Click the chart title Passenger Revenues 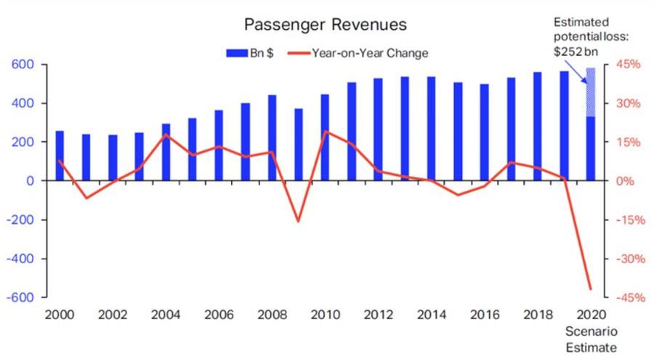pyautogui.click(x=325, y=25)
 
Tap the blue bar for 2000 pyautogui.click(x=60, y=156)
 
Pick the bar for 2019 pyautogui.click(x=564, y=125)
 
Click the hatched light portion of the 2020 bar pyautogui.click(x=591, y=92)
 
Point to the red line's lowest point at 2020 pyautogui.click(x=591, y=289)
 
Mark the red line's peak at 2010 pyautogui.click(x=325, y=132)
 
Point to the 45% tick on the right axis pyautogui.click(x=626, y=65)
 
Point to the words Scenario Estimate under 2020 pyautogui.click(x=592, y=339)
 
